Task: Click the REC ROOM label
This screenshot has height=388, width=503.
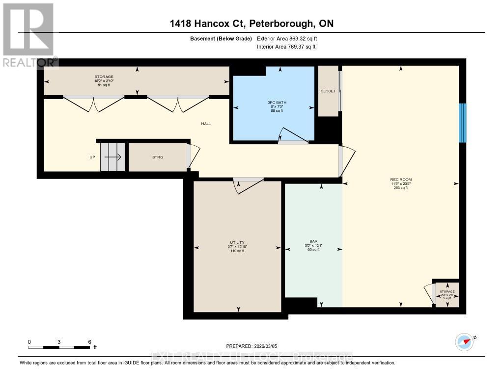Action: click(401, 180)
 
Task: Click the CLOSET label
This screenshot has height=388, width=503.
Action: click(328, 91)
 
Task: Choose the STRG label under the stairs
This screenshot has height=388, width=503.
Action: click(157, 157)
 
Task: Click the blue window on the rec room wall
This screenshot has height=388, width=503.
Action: click(462, 123)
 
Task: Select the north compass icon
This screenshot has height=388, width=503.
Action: click(464, 341)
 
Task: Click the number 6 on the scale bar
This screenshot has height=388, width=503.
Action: click(89, 341)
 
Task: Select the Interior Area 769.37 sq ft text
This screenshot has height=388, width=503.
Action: click(286, 47)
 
